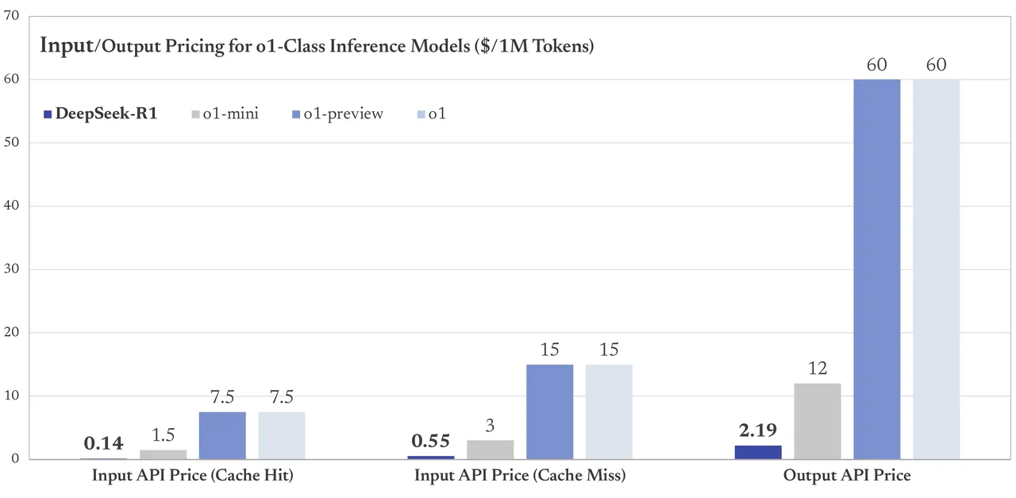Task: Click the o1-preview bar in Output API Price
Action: pyautogui.click(x=877, y=269)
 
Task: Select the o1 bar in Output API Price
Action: pyautogui.click(x=937, y=269)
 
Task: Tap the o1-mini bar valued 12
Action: pyautogui.click(x=818, y=421)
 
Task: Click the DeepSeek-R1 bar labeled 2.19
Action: pyautogui.click(x=758, y=452)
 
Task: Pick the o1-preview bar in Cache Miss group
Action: pyautogui.click(x=549, y=411)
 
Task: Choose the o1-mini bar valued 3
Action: pyautogui.click(x=490, y=450)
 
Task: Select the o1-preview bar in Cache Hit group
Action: pyautogui.click(x=222, y=435)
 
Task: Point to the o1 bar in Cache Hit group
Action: pyautogui.click(x=282, y=435)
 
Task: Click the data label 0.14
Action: pyautogui.click(x=104, y=443)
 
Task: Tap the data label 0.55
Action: pyautogui.click(x=430, y=442)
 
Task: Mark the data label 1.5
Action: pyautogui.click(x=163, y=435)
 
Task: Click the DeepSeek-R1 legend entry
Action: pyautogui.click(x=100, y=114)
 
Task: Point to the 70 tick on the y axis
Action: pyautogui.click(x=12, y=16)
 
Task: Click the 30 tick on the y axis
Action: pyautogui.click(x=12, y=269)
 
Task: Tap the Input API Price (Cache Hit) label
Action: pyautogui.click(x=193, y=476)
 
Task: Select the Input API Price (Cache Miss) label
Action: pyautogui.click(x=520, y=476)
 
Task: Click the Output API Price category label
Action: pyautogui.click(x=847, y=476)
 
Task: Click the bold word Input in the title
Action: pyautogui.click(x=67, y=45)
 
